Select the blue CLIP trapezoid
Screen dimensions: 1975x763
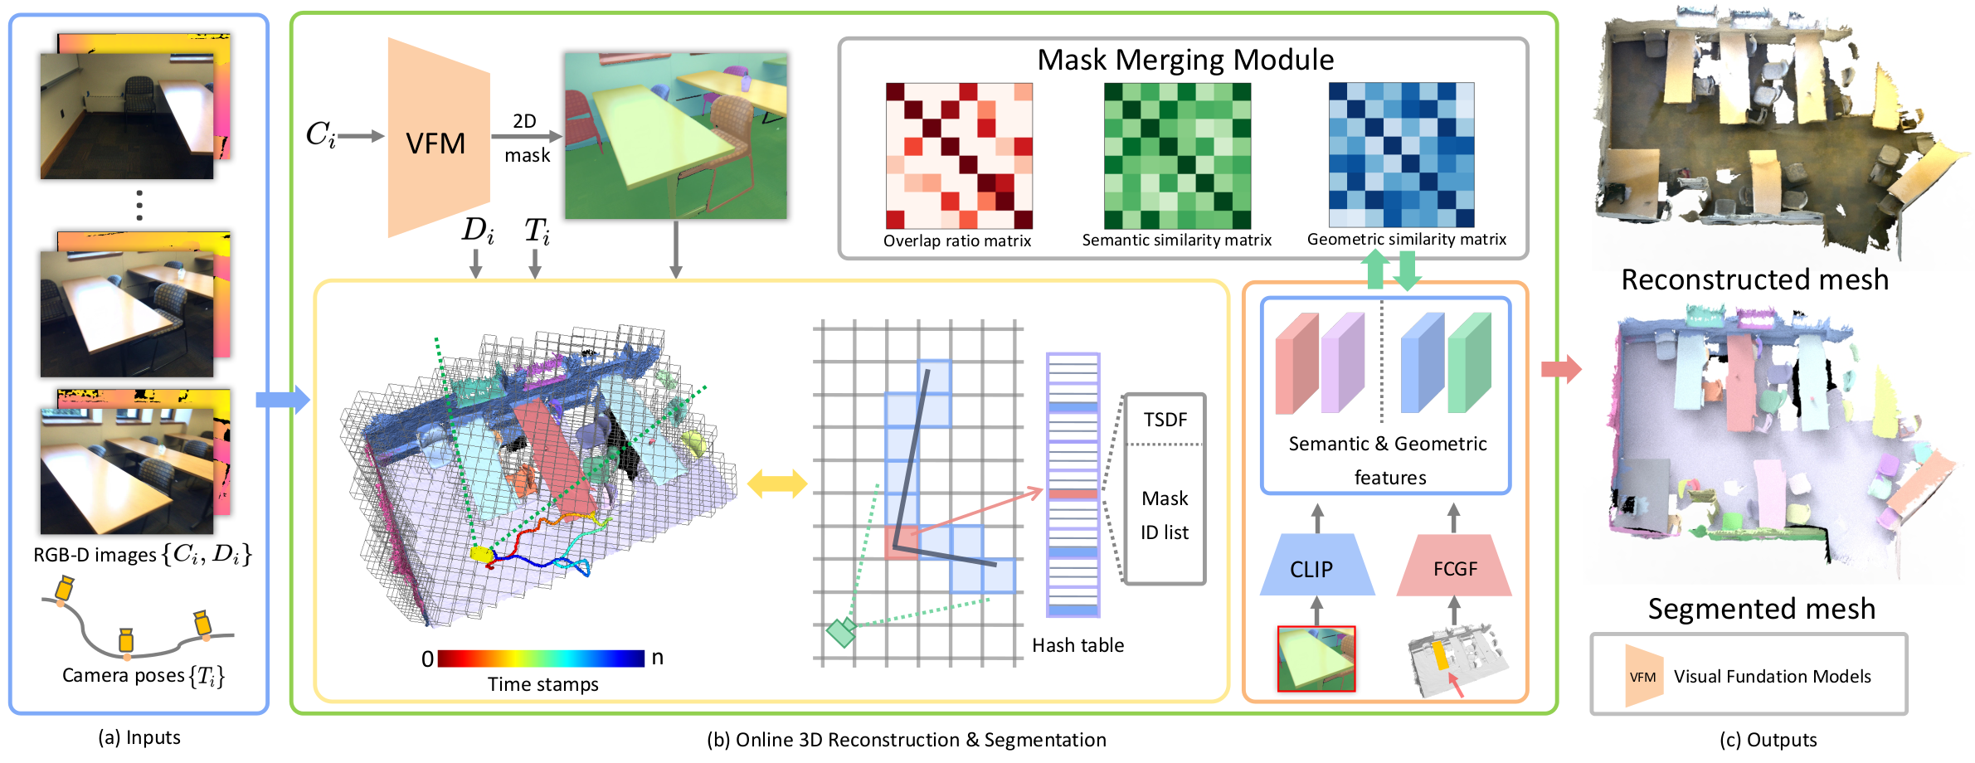click(x=1317, y=565)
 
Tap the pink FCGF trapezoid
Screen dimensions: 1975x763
click(x=1454, y=565)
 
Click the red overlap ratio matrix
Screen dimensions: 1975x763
click(x=959, y=155)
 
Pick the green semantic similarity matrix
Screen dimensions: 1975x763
click(x=1177, y=155)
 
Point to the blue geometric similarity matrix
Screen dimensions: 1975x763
click(x=1402, y=154)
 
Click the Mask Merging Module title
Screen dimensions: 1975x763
click(x=1185, y=60)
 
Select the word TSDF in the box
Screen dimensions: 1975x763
click(x=1165, y=420)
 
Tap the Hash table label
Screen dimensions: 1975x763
click(x=1077, y=645)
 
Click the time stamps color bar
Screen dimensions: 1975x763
click(x=541, y=659)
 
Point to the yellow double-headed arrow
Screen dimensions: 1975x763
click(x=777, y=484)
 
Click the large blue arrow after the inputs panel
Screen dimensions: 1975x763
click(x=282, y=400)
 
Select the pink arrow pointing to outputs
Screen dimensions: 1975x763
click(x=1561, y=368)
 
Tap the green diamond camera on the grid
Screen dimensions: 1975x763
click(x=841, y=632)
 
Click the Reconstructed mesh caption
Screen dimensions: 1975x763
click(x=1754, y=279)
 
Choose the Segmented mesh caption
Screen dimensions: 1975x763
click(x=1761, y=609)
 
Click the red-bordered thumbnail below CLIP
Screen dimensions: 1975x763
click(x=1316, y=659)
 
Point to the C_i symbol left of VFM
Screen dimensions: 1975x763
click(x=321, y=134)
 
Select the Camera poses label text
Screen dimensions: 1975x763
click(x=144, y=676)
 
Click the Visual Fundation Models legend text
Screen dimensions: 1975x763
click(x=1772, y=677)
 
